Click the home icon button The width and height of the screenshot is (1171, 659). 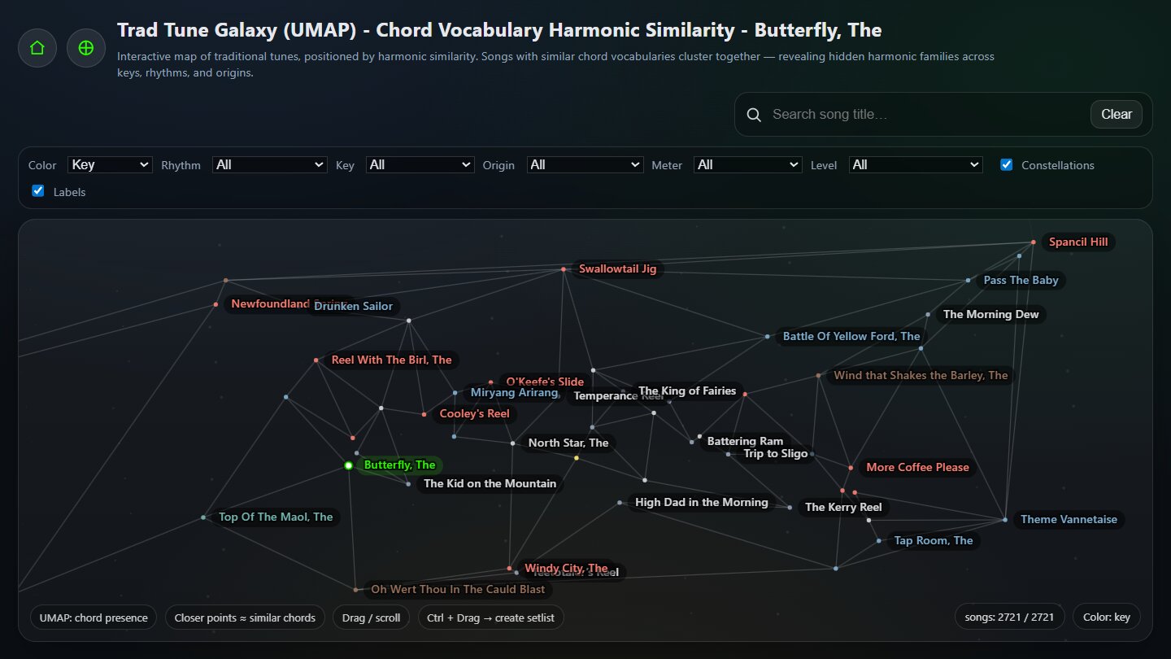pyautogui.click(x=37, y=48)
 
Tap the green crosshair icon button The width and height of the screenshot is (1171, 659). pyautogui.click(x=86, y=48)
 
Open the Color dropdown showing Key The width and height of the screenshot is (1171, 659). pyautogui.click(x=110, y=165)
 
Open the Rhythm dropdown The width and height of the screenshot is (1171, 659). pyautogui.click(x=269, y=165)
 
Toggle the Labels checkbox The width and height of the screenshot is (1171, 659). pyautogui.click(x=37, y=191)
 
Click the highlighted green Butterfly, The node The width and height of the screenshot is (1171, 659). pyautogui.click(x=349, y=465)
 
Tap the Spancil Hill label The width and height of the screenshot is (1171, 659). pyautogui.click(x=1077, y=242)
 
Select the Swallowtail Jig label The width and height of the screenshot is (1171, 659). pyautogui.click(x=617, y=268)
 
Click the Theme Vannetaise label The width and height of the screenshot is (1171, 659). pyautogui.click(x=1069, y=519)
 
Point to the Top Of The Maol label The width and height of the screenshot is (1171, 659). pyautogui.click(x=276, y=517)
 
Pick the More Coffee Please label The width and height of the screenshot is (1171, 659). pyautogui.click(x=917, y=467)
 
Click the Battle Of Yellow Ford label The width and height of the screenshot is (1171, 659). pyautogui.click(x=851, y=336)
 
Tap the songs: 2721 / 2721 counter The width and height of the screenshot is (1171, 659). pyautogui.click(x=1008, y=617)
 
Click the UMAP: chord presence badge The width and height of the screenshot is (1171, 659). pyautogui.click(x=94, y=618)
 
